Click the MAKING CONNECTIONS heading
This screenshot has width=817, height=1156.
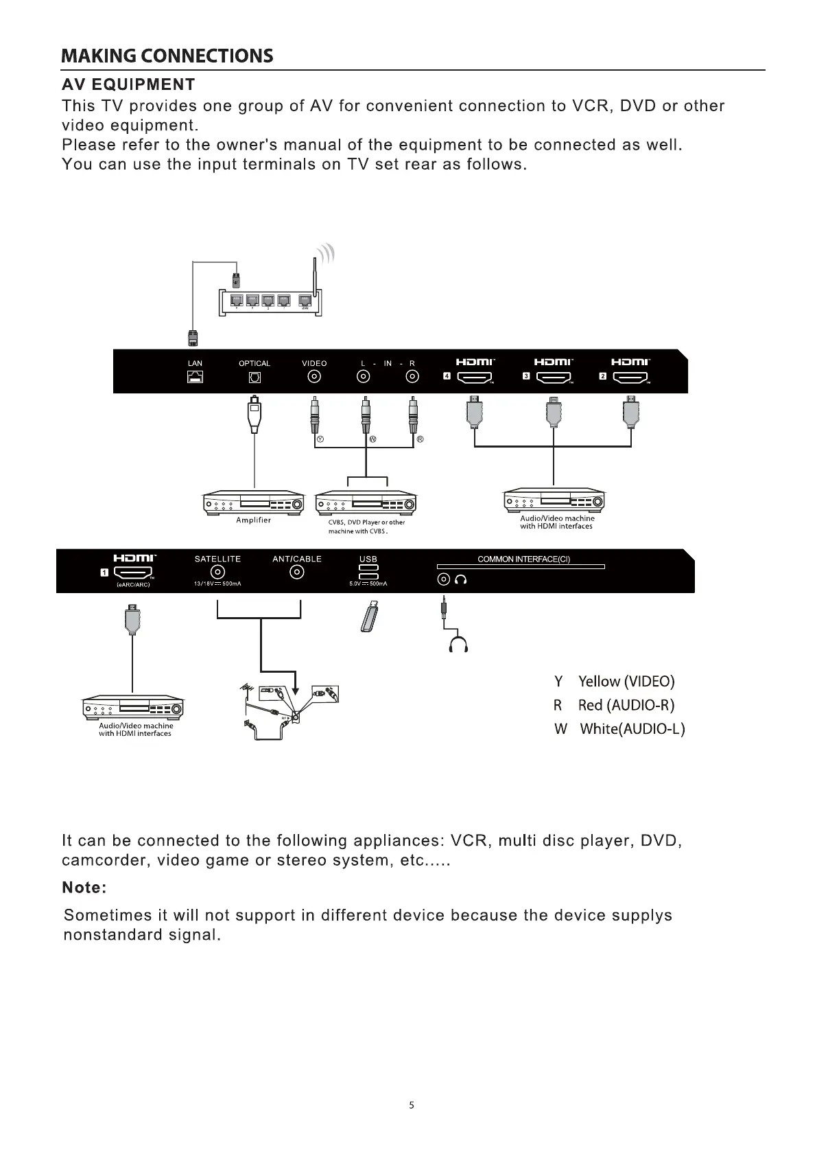[x=167, y=56]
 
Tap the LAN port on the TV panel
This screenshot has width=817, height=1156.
[x=196, y=377]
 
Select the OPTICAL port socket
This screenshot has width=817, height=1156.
[x=254, y=377]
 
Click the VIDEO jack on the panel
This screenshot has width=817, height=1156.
[x=314, y=377]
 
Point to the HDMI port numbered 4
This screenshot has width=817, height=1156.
[x=475, y=377]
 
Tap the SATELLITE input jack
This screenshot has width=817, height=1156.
[x=217, y=573]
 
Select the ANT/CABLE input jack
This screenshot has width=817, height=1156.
[x=297, y=573]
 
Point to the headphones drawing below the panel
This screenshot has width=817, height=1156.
[x=458, y=645]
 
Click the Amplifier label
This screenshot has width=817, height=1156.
[x=253, y=520]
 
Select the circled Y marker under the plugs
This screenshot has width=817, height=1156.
[x=320, y=439]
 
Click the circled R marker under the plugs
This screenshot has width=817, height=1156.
[x=421, y=439]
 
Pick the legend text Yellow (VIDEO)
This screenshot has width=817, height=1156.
[x=626, y=681]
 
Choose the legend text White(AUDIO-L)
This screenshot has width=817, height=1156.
[x=632, y=729]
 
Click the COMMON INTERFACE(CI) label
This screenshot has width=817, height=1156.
[x=523, y=559]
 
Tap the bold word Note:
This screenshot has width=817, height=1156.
[x=84, y=888]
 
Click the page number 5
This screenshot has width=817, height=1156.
[x=412, y=1105]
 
